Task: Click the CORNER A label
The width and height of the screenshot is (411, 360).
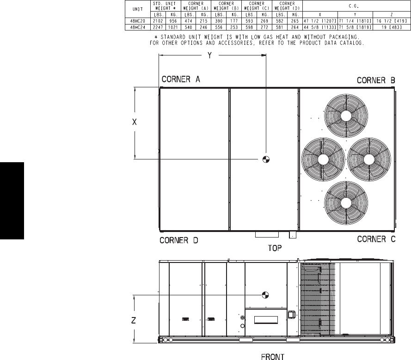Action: coord(181,79)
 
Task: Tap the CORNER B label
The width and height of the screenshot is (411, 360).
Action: coord(376,80)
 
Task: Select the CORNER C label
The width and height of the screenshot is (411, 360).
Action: coord(376,239)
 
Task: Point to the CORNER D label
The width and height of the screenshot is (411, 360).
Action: coord(179,240)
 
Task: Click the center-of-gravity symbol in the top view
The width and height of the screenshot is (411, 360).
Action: coord(266,159)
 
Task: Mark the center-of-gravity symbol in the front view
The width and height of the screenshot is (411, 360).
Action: coord(265,295)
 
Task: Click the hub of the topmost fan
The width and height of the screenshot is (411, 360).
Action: coord(346,116)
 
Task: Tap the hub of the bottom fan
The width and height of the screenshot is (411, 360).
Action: coord(346,203)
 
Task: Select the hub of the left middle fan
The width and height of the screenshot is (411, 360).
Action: coord(323,159)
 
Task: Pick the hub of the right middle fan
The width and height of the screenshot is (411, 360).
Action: coord(369,159)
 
